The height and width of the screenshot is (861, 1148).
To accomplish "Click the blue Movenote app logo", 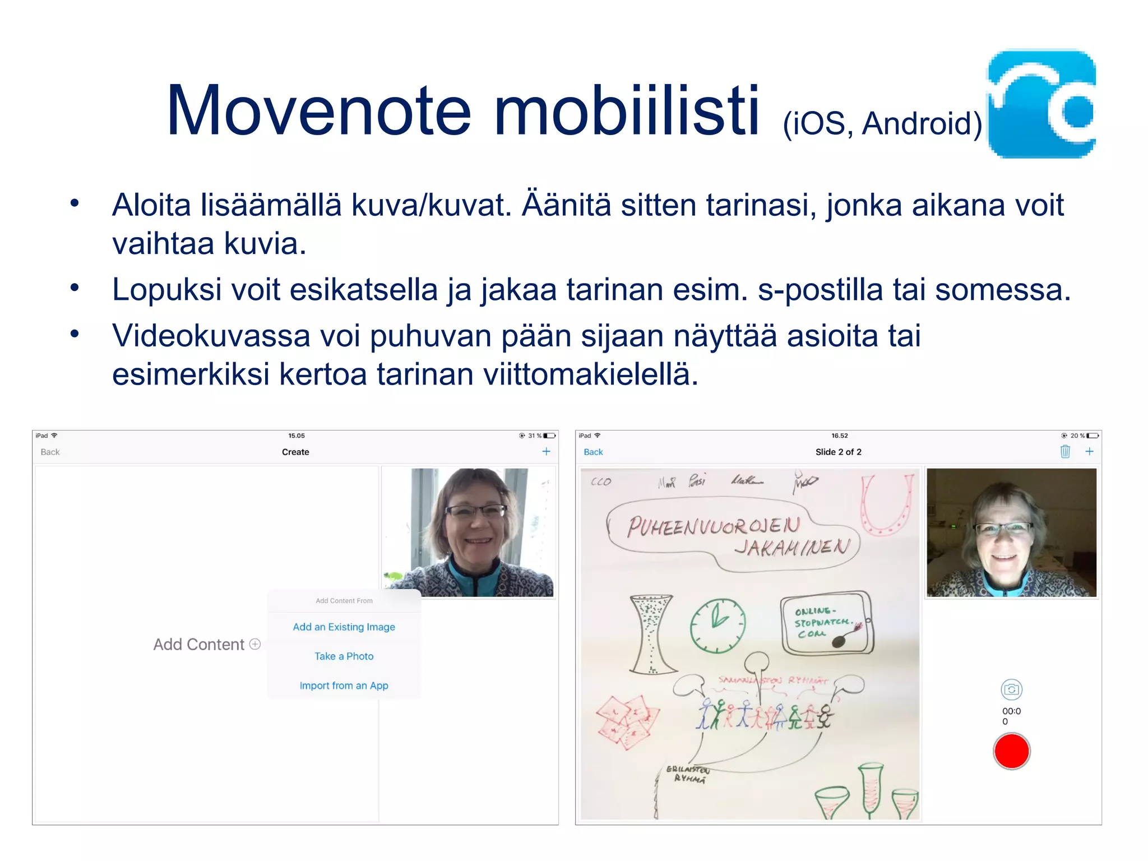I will pyautogui.click(x=1041, y=105).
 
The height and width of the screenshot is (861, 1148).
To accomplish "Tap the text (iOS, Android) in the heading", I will pyautogui.click(x=882, y=123).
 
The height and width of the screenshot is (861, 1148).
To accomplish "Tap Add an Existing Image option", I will pyautogui.click(x=344, y=627).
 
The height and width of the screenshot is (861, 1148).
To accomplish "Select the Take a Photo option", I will pyautogui.click(x=344, y=656).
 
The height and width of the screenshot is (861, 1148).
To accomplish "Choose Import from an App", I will pyautogui.click(x=344, y=686).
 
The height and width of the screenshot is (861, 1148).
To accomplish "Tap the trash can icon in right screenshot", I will pyautogui.click(x=1065, y=452).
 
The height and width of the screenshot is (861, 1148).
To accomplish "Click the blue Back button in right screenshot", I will pyautogui.click(x=593, y=452).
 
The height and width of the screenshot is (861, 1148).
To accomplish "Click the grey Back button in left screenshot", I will pyautogui.click(x=50, y=452).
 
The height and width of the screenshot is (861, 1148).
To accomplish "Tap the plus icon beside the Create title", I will pyautogui.click(x=546, y=452).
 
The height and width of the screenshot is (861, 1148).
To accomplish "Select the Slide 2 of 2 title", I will pyautogui.click(x=838, y=452).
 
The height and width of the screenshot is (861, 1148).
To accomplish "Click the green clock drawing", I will pyautogui.click(x=717, y=626).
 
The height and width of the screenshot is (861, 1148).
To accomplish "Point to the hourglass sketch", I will pyautogui.click(x=651, y=634).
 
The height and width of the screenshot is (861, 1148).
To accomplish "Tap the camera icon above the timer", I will pyautogui.click(x=1011, y=689).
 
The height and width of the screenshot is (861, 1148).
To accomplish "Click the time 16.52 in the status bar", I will pyautogui.click(x=839, y=436).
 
